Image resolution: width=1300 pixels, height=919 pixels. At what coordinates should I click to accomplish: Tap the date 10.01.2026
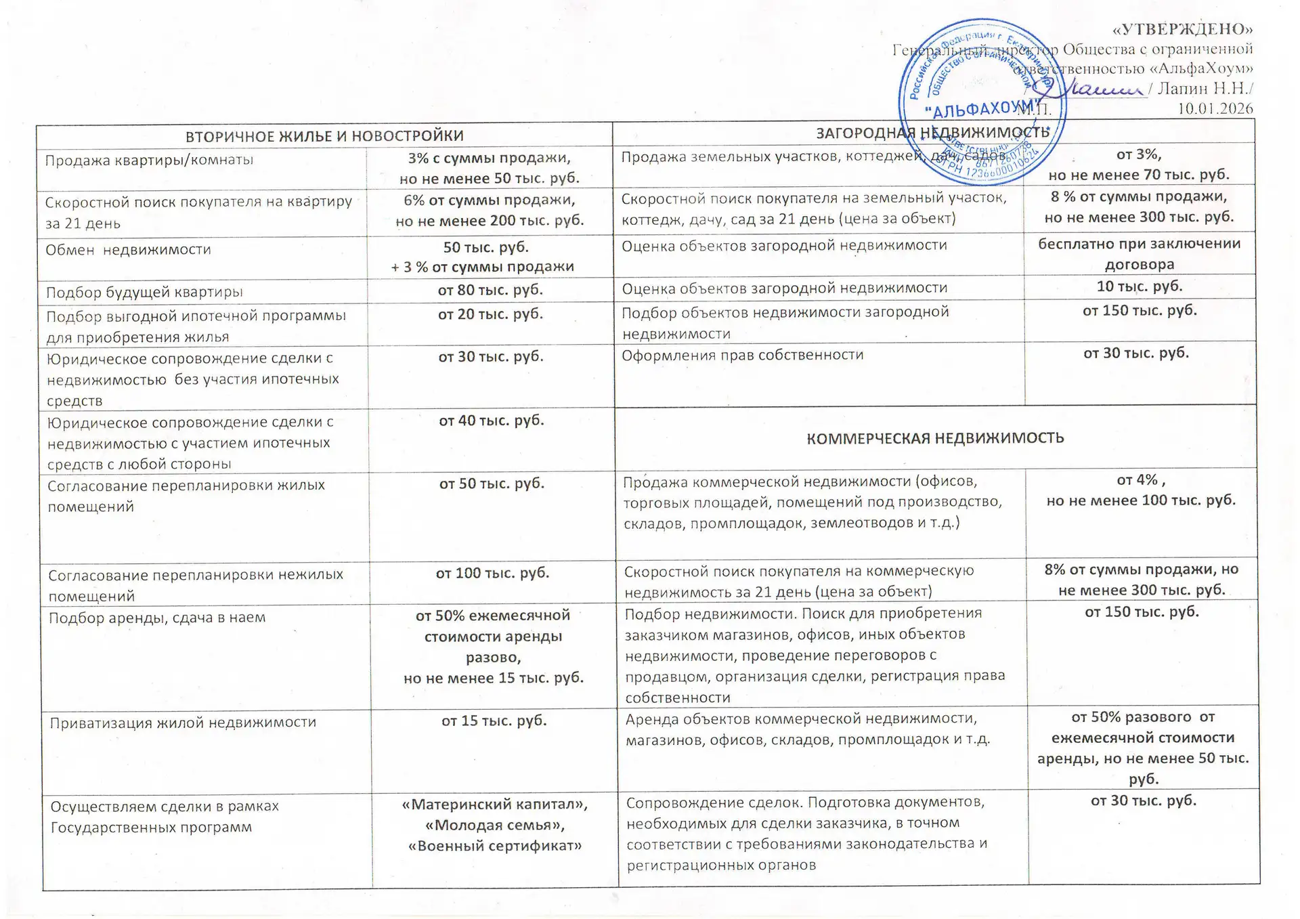(1215, 108)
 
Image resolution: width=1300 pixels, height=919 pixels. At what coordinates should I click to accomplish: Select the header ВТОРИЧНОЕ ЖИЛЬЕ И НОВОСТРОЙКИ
(324, 135)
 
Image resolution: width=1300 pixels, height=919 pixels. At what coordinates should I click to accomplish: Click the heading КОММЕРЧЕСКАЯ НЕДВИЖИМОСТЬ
(935, 438)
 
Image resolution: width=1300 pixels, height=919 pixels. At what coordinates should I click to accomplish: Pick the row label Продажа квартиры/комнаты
(149, 161)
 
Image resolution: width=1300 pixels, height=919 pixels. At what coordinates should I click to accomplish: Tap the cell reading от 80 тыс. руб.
(490, 290)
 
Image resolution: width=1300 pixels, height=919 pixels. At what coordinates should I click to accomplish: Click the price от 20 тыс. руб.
(490, 314)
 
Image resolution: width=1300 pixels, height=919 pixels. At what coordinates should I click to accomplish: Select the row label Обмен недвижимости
(128, 250)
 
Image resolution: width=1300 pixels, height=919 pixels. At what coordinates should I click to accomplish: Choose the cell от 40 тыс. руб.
(492, 421)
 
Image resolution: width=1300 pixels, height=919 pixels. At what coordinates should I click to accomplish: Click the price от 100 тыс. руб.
(492, 573)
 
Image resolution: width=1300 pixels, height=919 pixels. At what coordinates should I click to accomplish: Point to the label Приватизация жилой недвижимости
(183, 722)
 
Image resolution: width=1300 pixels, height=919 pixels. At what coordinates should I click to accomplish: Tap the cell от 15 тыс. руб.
(494, 721)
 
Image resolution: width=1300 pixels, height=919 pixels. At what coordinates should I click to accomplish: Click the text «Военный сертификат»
(495, 846)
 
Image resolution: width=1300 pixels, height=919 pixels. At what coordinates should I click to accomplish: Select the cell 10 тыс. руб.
(1140, 286)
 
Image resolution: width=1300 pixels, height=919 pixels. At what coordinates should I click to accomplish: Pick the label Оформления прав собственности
(743, 355)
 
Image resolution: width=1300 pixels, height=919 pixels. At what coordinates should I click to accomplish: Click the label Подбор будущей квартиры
(144, 293)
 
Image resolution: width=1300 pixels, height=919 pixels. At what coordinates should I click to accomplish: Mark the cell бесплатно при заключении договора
(1140, 253)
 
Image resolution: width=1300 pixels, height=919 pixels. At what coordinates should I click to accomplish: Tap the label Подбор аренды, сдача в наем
(157, 618)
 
